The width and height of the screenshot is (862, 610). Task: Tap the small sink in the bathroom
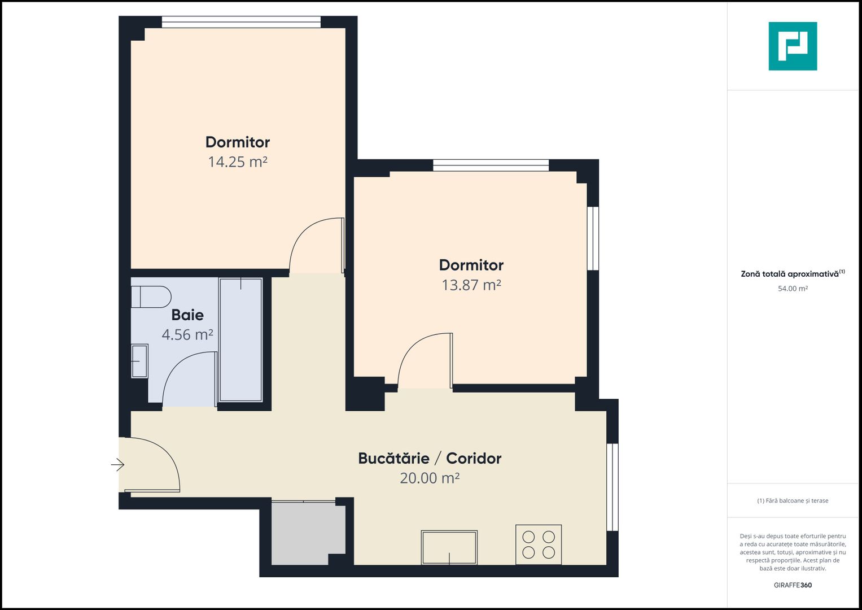[x=139, y=361]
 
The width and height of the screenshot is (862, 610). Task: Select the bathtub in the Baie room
[x=241, y=339]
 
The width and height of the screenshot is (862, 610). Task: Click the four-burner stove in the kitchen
[x=539, y=544]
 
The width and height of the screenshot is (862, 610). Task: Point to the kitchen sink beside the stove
[x=449, y=547]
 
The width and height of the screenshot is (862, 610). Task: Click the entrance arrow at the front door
[x=117, y=465]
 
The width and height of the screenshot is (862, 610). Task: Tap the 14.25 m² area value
[x=238, y=162]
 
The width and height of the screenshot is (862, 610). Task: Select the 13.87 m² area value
[x=471, y=285]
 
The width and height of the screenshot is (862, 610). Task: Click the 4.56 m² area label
[x=187, y=335]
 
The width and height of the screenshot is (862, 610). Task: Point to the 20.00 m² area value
[x=430, y=478]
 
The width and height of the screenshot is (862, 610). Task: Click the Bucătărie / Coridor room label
[x=430, y=458]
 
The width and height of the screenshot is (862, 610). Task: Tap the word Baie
[x=187, y=315]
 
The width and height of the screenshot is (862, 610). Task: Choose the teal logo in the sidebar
[x=793, y=46]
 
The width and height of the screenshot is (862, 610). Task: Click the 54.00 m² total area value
[x=793, y=289]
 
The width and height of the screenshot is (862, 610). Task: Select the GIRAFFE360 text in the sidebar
[x=793, y=585]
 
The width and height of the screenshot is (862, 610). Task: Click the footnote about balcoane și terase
[x=793, y=501]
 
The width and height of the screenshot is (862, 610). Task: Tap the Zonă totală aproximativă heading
[x=790, y=274]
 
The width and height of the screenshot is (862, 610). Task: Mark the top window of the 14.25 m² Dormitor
[x=241, y=22]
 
